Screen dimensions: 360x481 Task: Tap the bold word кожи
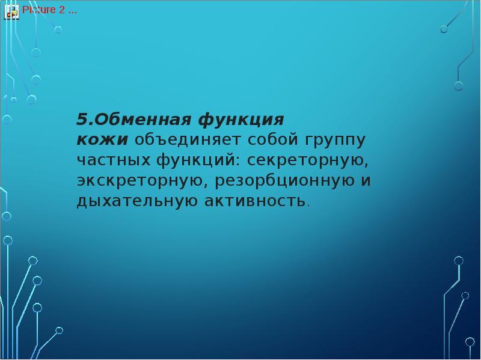coord(102,140)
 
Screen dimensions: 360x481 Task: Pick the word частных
coord(114,160)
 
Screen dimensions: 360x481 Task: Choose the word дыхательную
coord(136,201)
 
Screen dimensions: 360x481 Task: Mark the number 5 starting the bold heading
coord(81,119)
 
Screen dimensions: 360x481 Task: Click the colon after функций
coord(240,162)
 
